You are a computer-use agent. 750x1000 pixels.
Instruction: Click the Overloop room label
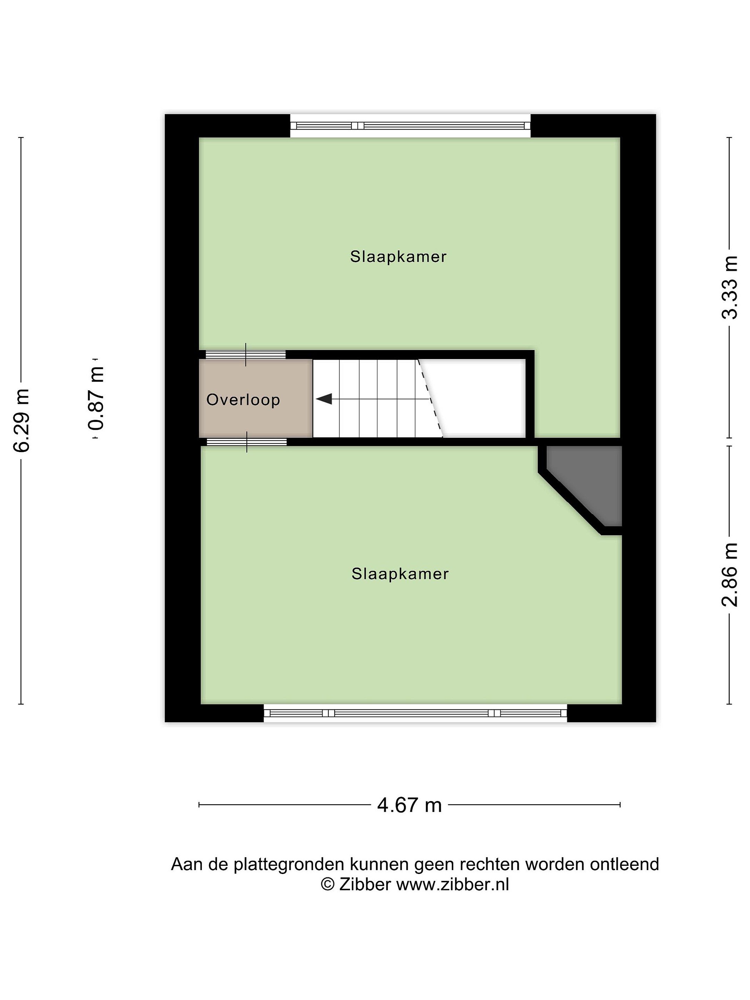243,400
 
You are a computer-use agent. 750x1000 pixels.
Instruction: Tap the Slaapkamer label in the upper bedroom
398,257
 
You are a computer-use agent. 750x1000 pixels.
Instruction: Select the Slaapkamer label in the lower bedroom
400,574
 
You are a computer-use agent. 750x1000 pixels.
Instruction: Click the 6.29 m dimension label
21,420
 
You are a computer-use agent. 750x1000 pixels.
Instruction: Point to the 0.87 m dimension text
96,398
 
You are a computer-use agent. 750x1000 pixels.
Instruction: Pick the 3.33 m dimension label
729,287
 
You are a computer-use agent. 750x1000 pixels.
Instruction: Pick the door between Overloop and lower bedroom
247,442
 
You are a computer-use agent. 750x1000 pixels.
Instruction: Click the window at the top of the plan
410,126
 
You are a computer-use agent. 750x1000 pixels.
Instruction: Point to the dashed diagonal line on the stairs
430,398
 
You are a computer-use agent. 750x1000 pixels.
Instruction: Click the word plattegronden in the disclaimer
289,864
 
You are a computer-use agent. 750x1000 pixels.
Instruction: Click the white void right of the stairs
479,398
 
